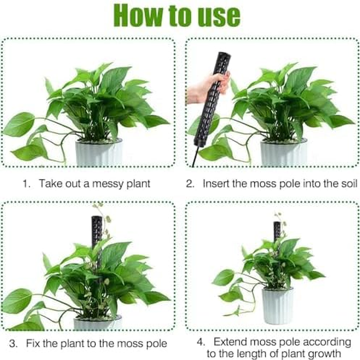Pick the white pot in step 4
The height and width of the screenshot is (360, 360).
277,306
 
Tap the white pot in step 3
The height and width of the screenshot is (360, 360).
98,322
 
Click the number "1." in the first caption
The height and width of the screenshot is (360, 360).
27,183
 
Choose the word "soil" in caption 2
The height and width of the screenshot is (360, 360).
348,183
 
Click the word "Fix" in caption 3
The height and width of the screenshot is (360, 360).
34,344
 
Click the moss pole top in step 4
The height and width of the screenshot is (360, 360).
277,223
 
